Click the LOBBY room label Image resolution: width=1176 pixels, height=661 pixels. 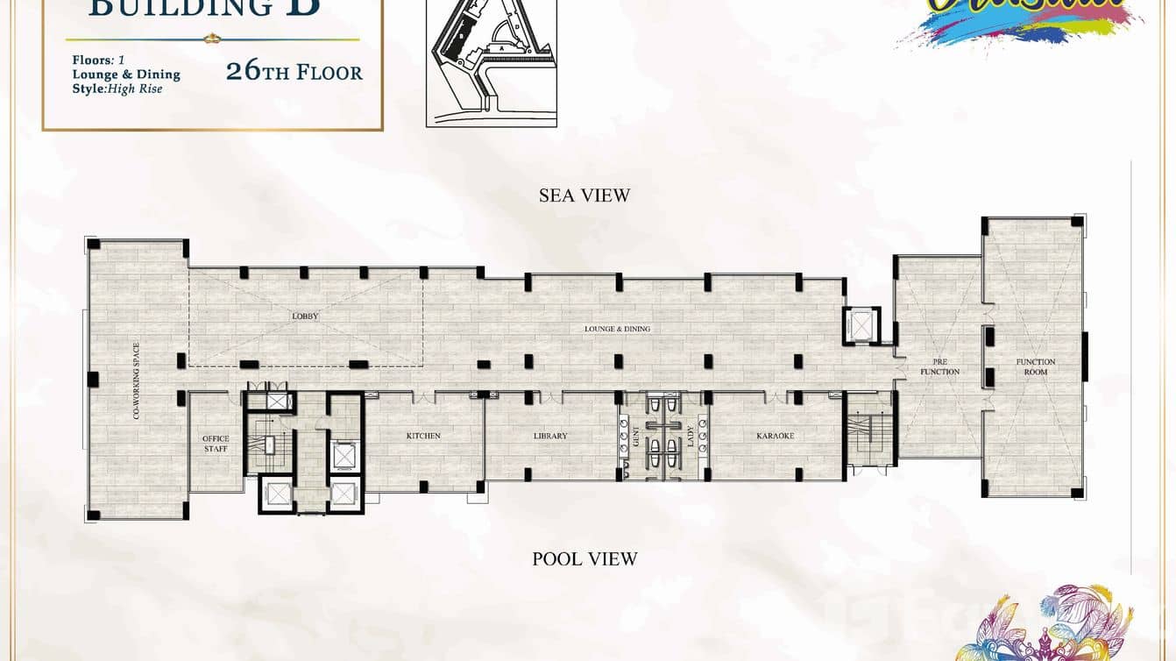pyautogui.click(x=305, y=316)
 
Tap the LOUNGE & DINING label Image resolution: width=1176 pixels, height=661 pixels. pyautogui.click(x=617, y=329)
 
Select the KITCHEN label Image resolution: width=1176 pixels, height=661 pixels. pyautogui.click(x=423, y=436)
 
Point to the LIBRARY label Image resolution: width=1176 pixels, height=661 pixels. pyautogui.click(x=550, y=436)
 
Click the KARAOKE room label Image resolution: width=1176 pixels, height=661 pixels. pyautogui.click(x=775, y=436)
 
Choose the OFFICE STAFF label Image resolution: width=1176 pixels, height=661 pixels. pyautogui.click(x=216, y=444)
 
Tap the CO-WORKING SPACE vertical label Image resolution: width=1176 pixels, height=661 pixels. pyautogui.click(x=137, y=380)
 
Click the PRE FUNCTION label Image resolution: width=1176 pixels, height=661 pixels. pyautogui.click(x=939, y=366)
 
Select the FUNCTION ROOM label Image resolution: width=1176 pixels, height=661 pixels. pyautogui.click(x=1035, y=366)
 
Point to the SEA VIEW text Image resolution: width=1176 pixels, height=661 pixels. pyautogui.click(x=584, y=195)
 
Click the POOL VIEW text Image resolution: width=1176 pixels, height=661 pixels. pyautogui.click(x=584, y=558)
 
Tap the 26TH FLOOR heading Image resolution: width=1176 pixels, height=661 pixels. pyautogui.click(x=294, y=72)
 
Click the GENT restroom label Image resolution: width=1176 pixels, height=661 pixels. pyautogui.click(x=636, y=436)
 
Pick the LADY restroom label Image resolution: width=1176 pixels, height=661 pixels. pyautogui.click(x=691, y=436)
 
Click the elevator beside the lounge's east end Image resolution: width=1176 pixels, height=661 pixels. pyautogui.click(x=859, y=325)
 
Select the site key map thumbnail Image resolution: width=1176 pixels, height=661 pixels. pyautogui.click(x=492, y=63)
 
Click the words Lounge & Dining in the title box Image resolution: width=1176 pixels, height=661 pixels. pyautogui.click(x=126, y=75)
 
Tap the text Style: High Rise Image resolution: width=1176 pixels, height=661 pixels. pyautogui.click(x=117, y=89)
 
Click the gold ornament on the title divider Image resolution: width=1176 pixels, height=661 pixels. pyautogui.click(x=211, y=39)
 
